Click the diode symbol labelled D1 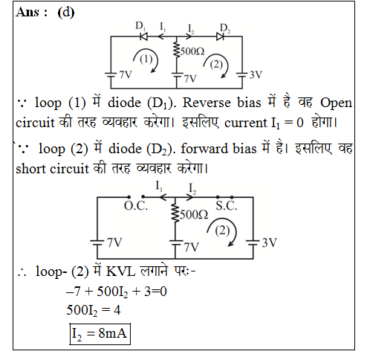pyautogui.click(x=144, y=36)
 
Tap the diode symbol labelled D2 pyautogui.click(x=220, y=36)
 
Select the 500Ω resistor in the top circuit pyautogui.click(x=176, y=50)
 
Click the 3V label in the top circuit pyautogui.click(x=256, y=74)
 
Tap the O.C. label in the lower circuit pyautogui.click(x=136, y=206)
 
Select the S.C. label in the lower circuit pyautogui.click(x=227, y=206)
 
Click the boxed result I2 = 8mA pyautogui.click(x=100, y=334)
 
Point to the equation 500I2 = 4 pyautogui.click(x=94, y=310)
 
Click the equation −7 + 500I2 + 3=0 pyautogui.click(x=117, y=292)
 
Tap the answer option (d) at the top pyautogui.click(x=66, y=12)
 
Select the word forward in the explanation pyautogui.click(x=204, y=149)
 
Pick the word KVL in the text pyautogui.click(x=121, y=271)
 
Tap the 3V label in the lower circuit pyautogui.click(x=270, y=242)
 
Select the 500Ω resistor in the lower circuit pyautogui.click(x=175, y=213)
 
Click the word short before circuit pyautogui.click(x=31, y=169)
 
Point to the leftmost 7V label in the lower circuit pyautogui.click(x=114, y=242)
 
